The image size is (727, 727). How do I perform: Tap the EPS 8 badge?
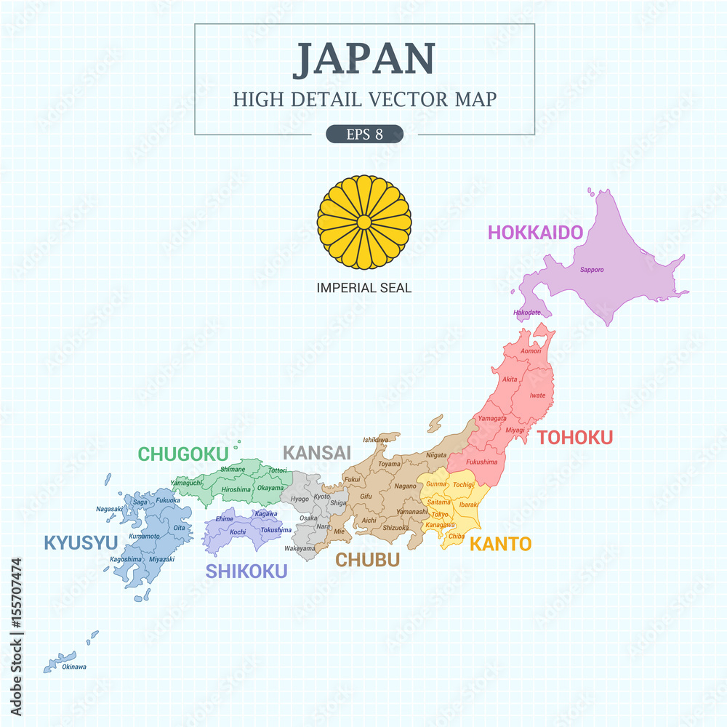click(x=364, y=134)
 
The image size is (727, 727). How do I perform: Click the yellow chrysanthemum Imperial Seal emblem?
click(x=363, y=222)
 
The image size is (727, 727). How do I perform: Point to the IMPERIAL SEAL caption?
click(x=363, y=288)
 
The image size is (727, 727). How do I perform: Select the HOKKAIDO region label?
click(x=535, y=233)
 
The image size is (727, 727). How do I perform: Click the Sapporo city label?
click(x=591, y=270)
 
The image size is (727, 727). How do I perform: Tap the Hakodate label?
click(x=526, y=313)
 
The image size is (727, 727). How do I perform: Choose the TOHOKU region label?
click(x=574, y=437)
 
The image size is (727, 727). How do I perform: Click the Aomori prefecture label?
click(x=531, y=351)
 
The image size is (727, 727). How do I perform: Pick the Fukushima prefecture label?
click(x=482, y=462)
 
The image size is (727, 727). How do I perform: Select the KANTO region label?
click(x=500, y=544)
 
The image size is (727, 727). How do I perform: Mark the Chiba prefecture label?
click(x=457, y=536)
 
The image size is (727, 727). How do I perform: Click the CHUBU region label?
click(x=367, y=560)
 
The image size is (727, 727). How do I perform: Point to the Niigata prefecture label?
click(x=436, y=455)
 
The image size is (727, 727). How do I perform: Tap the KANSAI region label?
click(x=316, y=452)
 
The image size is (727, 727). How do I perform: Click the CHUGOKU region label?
click(x=183, y=454)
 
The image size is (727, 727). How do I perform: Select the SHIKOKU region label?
click(x=246, y=571)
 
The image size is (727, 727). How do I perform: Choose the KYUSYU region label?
click(x=81, y=542)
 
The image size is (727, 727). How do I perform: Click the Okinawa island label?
click(x=74, y=667)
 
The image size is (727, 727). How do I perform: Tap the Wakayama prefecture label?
click(x=300, y=548)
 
